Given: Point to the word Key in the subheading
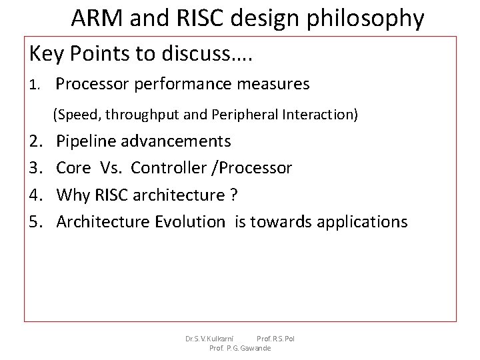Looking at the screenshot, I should [x=45, y=55].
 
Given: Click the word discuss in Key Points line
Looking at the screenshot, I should [x=199, y=55].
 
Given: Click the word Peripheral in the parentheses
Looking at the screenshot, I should [x=243, y=115].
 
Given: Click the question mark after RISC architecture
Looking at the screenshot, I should [x=233, y=195].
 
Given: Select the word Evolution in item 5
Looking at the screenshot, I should [x=190, y=221].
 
